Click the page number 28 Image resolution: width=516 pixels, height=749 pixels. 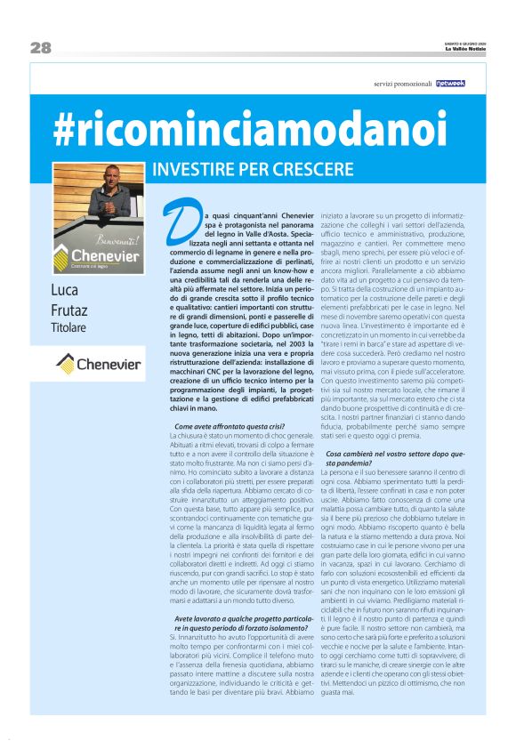pos(41,47)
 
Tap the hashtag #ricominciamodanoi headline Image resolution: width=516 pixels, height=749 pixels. pos(250,131)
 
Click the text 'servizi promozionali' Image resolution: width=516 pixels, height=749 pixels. pos(403,85)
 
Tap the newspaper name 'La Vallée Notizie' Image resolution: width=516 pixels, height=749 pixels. pos(465,49)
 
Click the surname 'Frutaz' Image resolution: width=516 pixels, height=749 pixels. pos(69,312)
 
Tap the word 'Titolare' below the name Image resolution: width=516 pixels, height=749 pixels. pos(69,331)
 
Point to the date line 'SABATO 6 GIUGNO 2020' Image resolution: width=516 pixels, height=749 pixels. pos(465,42)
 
